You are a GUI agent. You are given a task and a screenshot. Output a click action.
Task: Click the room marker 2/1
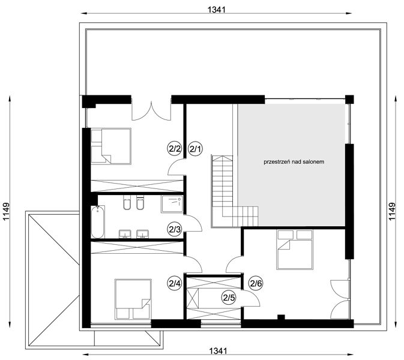[x=196, y=149]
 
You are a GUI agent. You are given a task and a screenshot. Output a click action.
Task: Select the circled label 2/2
[x=175, y=149]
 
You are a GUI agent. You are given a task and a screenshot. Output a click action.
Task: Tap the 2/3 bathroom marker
[x=175, y=229]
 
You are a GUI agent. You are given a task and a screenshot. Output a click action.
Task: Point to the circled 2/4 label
[x=175, y=284]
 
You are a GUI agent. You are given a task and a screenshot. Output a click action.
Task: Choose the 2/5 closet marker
[x=229, y=298]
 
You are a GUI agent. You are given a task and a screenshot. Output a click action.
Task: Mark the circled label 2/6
[x=256, y=284]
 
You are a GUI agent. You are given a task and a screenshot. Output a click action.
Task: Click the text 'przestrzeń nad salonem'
[x=294, y=162]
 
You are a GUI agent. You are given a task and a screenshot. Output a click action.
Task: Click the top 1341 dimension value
[x=217, y=10]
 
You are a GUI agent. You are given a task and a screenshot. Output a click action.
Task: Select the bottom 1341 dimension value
[x=219, y=351]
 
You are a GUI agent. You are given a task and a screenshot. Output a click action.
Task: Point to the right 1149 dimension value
[x=391, y=212]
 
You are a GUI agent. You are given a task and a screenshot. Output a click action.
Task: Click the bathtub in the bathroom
[x=98, y=222]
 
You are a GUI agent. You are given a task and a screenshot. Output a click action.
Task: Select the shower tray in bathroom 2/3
[x=172, y=204]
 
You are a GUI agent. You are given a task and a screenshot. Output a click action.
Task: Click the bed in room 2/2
[x=111, y=146]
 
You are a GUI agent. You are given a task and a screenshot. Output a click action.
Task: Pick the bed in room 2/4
[x=133, y=299]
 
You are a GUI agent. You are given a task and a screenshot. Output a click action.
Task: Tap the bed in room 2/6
[x=295, y=250]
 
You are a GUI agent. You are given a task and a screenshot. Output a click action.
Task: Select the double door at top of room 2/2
[x=151, y=111]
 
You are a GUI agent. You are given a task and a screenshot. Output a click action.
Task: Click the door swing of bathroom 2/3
[x=193, y=223]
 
